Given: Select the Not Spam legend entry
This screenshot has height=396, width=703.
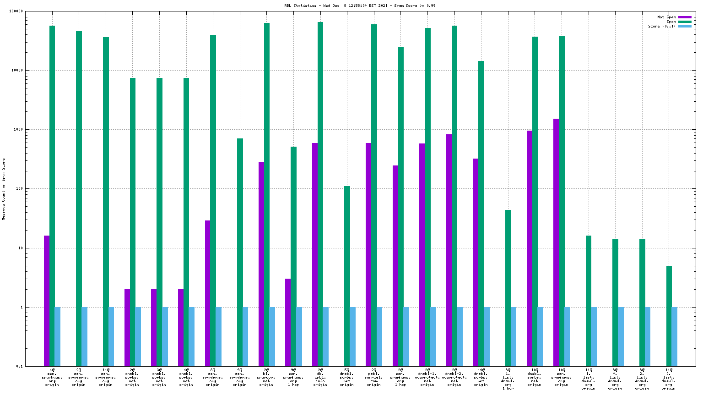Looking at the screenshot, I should tap(666, 17).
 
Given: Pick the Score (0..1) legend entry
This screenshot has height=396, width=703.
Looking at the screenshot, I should tap(661, 26).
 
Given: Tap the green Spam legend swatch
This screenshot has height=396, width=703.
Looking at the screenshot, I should tap(685, 22).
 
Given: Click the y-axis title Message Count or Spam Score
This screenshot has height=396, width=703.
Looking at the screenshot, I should tap(4, 189).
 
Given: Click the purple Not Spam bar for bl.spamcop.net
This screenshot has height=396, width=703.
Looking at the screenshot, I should tap(261, 264).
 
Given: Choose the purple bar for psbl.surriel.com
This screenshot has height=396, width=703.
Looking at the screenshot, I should tap(368, 254).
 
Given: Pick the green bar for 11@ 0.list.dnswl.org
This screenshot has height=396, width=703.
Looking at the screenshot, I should tap(669, 316).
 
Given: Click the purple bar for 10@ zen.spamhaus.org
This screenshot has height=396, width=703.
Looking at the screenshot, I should tap(556, 242).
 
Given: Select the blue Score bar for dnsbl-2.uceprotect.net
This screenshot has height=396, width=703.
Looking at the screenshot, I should tap(460, 336).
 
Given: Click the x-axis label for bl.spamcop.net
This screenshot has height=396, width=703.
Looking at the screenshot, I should tap(266, 377).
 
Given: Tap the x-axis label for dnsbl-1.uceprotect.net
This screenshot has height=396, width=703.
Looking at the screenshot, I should tap(427, 377).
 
